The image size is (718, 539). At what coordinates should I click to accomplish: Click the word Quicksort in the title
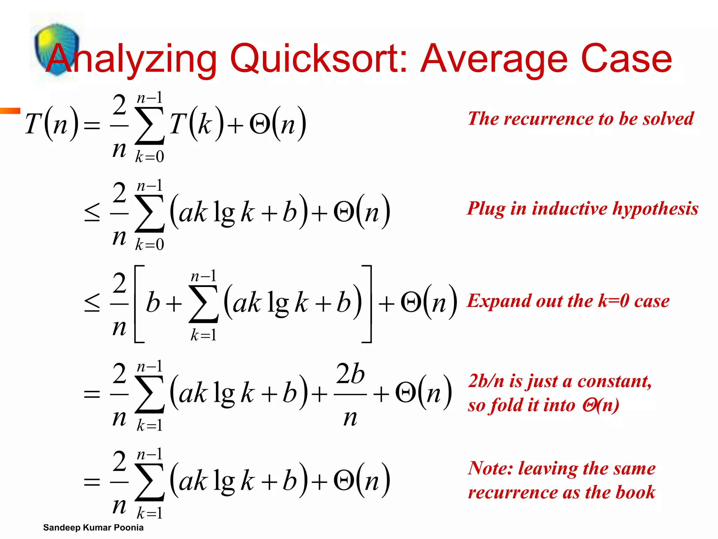pyautogui.click(x=318, y=59)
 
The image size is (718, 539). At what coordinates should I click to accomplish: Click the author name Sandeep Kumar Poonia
pyautogui.click(x=93, y=527)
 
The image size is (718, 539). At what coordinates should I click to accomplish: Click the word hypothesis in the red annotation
pyautogui.click(x=655, y=209)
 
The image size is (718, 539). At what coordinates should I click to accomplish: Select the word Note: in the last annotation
pyautogui.click(x=490, y=468)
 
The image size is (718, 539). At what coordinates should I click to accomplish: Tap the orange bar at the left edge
pyautogui.click(x=10, y=111)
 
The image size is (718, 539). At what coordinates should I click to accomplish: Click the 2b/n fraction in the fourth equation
pyautogui.click(x=350, y=394)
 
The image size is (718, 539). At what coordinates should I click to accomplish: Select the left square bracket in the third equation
pyautogui.click(x=139, y=304)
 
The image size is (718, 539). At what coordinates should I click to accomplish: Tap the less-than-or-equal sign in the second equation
pyautogui.click(x=92, y=213)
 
